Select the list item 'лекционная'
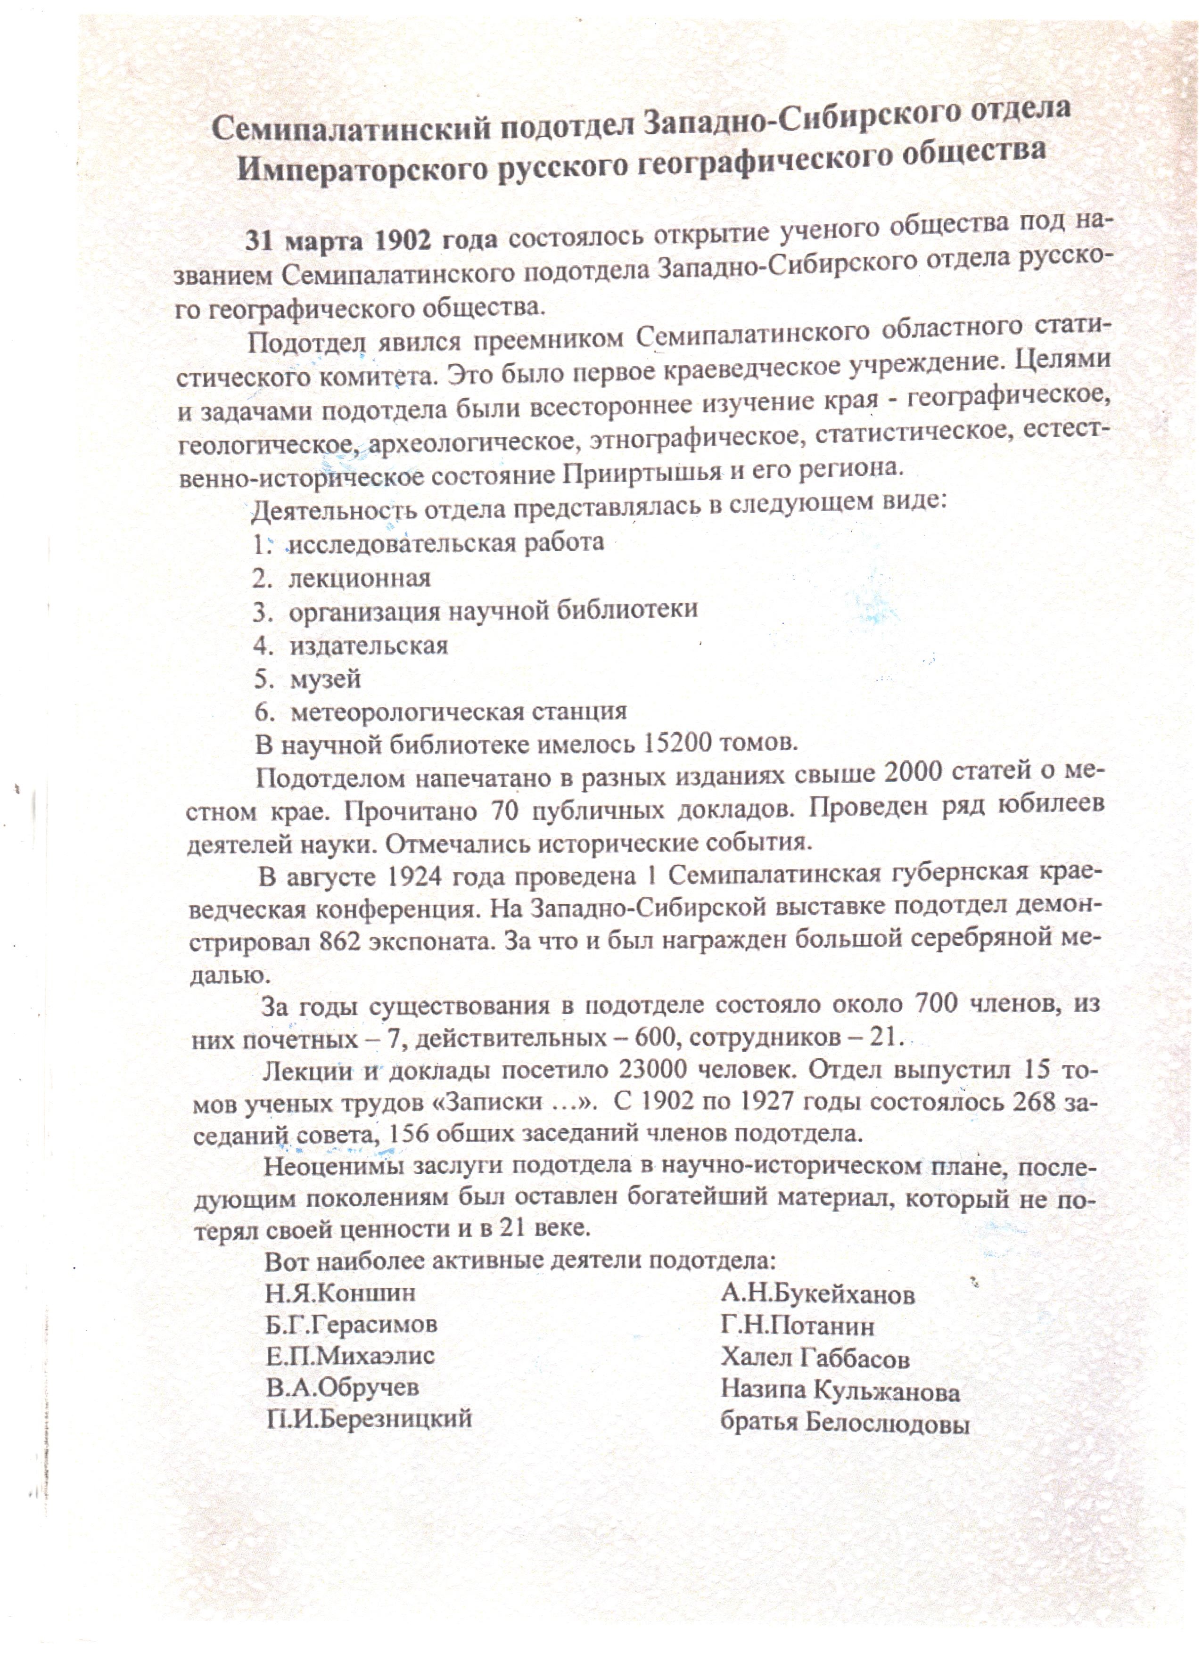359,578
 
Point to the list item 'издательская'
368,646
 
